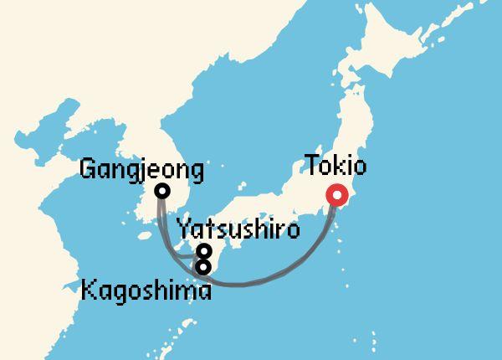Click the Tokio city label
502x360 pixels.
(336, 165)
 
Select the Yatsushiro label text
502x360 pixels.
(238, 229)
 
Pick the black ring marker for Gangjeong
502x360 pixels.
(162, 191)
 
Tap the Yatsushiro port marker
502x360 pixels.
(203, 250)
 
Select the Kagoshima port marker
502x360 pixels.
(203, 267)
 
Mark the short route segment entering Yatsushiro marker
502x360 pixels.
(189, 254)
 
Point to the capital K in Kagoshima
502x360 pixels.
(89, 291)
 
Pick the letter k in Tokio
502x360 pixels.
(341, 165)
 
